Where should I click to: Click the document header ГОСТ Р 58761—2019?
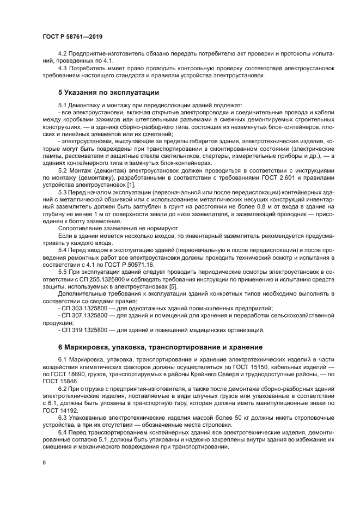(72, 36)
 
